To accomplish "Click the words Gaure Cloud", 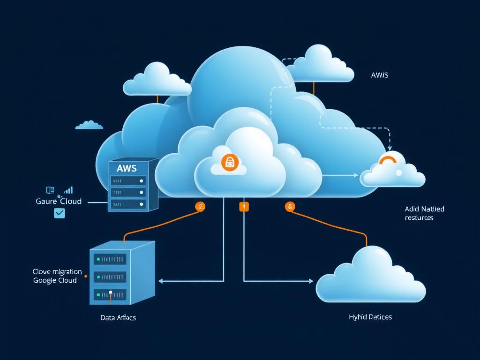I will click(x=59, y=201).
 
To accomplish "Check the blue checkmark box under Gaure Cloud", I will click(x=60, y=213).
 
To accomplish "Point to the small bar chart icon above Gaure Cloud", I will click(x=68, y=190).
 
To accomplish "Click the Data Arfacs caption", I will click(x=118, y=317).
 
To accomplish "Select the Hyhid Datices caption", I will click(x=370, y=317).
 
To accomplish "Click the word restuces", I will click(x=419, y=217).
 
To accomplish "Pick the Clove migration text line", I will click(x=57, y=271).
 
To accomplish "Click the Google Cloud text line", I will click(x=55, y=280).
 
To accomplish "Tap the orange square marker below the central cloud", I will click(x=244, y=206).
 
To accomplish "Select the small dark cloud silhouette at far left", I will click(x=89, y=125).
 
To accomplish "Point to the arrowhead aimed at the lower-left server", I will click(x=161, y=281).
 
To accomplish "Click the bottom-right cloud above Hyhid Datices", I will click(x=370, y=277).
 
